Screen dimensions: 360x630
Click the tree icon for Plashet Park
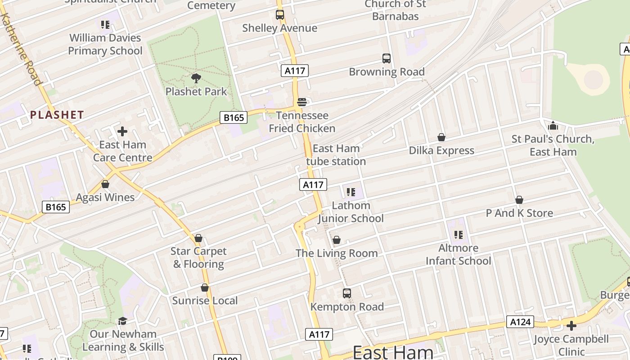tap(196, 78)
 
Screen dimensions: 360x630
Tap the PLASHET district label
tap(57, 115)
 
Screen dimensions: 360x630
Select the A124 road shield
tap(521, 322)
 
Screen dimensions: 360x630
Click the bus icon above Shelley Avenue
tap(280, 15)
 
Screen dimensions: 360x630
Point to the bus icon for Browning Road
tap(387, 58)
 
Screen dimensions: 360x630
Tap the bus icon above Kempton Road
tap(346, 293)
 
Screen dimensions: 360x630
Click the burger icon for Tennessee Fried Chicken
tap(302, 102)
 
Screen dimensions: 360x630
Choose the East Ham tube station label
tap(336, 155)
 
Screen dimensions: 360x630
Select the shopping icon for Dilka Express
tap(441, 137)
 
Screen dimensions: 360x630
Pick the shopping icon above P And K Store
tap(519, 200)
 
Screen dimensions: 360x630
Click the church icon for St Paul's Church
tap(553, 126)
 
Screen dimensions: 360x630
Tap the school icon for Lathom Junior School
tap(351, 192)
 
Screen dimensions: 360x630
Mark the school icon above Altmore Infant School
tap(459, 234)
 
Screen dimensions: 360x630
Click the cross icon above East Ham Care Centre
tap(122, 131)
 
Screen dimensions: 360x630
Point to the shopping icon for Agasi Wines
tap(105, 184)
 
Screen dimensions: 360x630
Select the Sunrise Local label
tap(205, 301)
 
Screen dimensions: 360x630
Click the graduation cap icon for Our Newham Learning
tap(122, 321)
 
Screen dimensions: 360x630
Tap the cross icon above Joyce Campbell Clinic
tap(571, 326)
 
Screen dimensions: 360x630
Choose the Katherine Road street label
tap(21, 49)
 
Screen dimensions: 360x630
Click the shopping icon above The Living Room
tap(336, 240)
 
